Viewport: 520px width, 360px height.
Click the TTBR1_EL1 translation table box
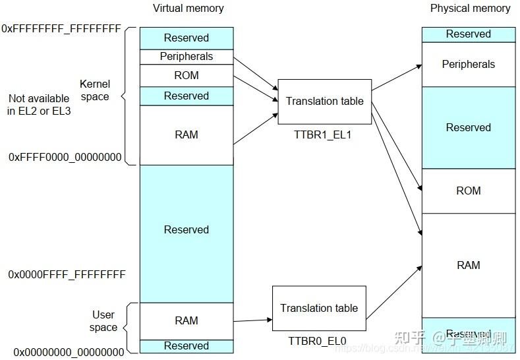324,102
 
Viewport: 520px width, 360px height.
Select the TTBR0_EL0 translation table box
319,308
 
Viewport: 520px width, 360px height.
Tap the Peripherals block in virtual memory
187,57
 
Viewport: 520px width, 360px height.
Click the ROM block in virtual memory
187,75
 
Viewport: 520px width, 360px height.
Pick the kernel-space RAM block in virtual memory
187,135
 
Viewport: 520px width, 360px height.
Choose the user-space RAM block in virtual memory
187,320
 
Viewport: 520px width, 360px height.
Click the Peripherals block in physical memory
468,65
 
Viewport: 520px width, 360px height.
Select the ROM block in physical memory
468,191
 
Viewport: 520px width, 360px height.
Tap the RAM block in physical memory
468,265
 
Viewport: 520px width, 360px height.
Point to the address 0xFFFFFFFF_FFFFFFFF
61,29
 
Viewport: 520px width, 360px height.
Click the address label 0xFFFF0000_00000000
65,158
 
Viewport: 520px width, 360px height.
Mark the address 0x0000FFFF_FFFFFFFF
67,274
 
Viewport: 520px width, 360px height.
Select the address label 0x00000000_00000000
69,352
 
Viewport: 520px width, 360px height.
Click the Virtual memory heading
188,9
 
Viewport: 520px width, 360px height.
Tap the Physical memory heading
470,9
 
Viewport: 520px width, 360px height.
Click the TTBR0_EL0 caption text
317,341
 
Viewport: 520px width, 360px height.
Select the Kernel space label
94,90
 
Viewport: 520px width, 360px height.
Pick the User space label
103,321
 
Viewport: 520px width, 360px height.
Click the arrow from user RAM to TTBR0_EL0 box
252,320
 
